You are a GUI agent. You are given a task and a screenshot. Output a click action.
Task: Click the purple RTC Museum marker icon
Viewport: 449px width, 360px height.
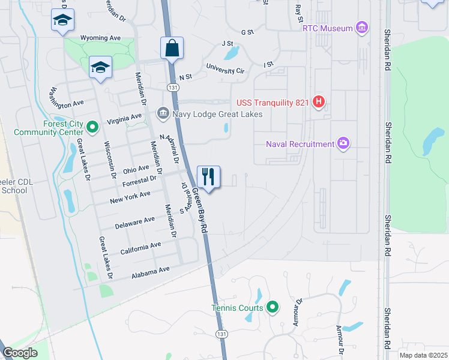(x=361, y=27)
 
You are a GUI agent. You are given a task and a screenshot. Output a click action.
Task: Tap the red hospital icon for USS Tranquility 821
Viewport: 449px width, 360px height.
(x=319, y=103)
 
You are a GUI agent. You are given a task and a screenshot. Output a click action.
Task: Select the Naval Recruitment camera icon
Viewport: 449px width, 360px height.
(x=344, y=143)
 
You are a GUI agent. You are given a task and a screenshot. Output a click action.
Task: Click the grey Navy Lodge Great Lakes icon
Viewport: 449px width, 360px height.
(x=163, y=113)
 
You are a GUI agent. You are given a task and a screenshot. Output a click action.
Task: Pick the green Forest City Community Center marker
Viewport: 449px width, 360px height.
(x=92, y=127)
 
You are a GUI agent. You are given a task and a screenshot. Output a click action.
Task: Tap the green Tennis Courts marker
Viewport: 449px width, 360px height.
(x=273, y=308)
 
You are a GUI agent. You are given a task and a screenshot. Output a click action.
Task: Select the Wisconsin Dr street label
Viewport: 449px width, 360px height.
(x=111, y=160)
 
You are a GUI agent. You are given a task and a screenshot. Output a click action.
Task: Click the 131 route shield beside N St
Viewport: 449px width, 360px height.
(x=173, y=88)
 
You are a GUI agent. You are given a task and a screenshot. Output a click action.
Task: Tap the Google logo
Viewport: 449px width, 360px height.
(x=20, y=353)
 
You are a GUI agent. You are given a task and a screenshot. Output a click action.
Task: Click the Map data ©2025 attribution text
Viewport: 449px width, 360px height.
(x=423, y=355)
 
